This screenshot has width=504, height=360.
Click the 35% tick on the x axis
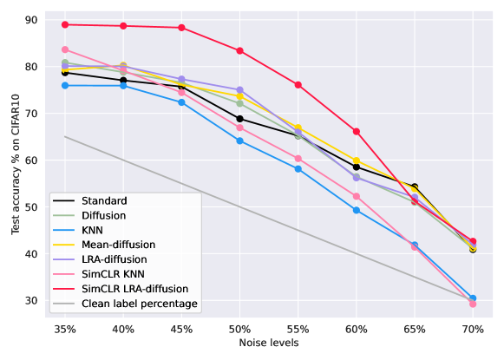pos(65,330)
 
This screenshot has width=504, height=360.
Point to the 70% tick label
pos(473,330)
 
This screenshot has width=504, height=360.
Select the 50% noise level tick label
pos(239,330)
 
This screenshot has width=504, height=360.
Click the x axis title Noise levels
pos(269,344)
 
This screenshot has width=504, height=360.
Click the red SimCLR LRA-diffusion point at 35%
pos(65,24)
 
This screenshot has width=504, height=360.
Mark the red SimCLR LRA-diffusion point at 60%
pos(357,131)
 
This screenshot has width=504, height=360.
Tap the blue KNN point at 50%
pos(239,141)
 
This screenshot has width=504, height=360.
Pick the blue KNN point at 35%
pos(65,85)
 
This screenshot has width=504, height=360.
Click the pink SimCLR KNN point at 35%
pos(65,49)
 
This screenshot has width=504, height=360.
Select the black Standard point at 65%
pos(415,187)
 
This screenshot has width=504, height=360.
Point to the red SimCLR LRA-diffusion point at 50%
pos(239,50)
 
